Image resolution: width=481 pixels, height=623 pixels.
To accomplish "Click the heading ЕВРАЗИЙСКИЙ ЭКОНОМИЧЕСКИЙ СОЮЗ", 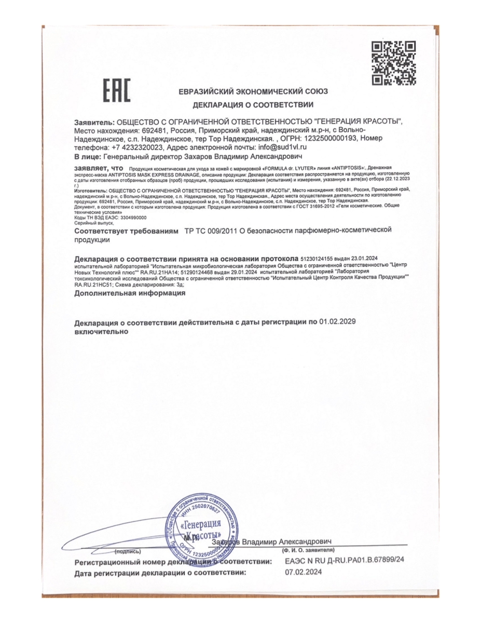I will tap(253, 91).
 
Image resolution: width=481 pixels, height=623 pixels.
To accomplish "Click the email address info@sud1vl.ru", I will tap(280, 147).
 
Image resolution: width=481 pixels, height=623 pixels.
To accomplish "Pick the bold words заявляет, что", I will tap(99, 168).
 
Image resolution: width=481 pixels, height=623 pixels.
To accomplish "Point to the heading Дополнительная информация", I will tap(130, 293).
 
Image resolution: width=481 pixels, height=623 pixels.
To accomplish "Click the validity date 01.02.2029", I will tap(337, 322).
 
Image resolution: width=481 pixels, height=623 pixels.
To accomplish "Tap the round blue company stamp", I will tap(200, 525).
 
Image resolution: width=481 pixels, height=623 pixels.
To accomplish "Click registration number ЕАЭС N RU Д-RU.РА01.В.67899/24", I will tap(345, 562).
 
